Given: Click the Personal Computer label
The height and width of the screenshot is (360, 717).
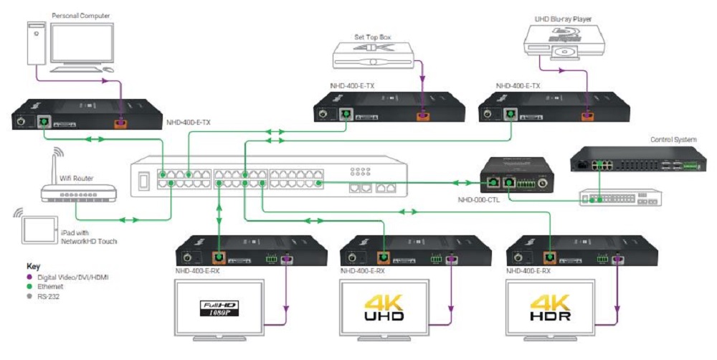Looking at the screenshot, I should point(81,14).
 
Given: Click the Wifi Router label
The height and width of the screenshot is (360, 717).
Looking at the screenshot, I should point(77,178).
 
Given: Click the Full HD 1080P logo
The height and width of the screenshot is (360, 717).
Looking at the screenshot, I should point(219,309).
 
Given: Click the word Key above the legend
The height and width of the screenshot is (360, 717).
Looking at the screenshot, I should point(34,265).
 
